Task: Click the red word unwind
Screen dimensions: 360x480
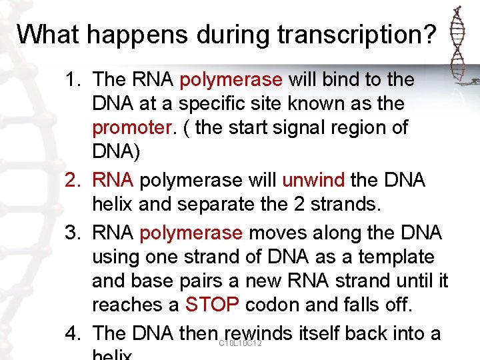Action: click(x=313, y=181)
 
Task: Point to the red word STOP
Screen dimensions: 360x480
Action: click(x=212, y=305)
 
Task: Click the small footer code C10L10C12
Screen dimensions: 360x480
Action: click(x=240, y=343)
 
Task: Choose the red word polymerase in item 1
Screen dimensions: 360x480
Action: click(x=231, y=80)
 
